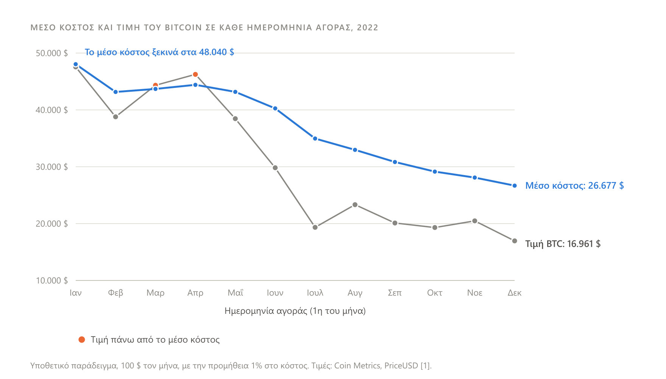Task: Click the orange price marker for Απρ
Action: (x=195, y=75)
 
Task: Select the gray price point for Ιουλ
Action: (x=315, y=227)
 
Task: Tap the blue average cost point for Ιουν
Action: (x=275, y=109)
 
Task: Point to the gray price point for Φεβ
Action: (x=115, y=117)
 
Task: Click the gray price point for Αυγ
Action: (x=355, y=205)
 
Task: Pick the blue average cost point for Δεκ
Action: (x=515, y=186)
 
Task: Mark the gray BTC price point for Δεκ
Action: (x=515, y=241)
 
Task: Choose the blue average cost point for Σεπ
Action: (x=395, y=162)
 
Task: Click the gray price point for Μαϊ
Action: (x=235, y=119)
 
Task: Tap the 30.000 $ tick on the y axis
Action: (x=52, y=167)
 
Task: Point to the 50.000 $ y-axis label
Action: (x=52, y=53)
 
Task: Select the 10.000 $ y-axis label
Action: (x=52, y=280)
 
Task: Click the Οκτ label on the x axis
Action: (x=435, y=293)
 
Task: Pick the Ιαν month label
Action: (x=76, y=293)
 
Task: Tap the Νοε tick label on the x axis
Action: (x=475, y=293)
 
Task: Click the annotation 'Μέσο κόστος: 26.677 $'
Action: (x=574, y=186)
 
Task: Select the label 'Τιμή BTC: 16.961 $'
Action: (x=563, y=244)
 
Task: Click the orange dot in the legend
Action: (x=82, y=340)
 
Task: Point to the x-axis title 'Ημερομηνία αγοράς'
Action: (x=266, y=311)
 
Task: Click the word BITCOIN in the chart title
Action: (x=184, y=28)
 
